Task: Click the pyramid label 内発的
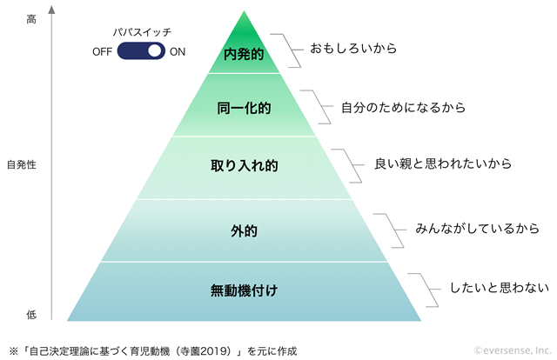tap(244, 54)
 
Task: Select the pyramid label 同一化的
tap(244, 108)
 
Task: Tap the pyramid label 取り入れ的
tap(244, 165)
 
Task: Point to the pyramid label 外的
tap(244, 231)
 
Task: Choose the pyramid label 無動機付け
tap(244, 290)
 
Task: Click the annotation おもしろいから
tap(353, 49)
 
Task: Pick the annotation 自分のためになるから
tap(404, 107)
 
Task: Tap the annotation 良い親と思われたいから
tap(443, 163)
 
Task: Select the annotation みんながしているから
tap(478, 229)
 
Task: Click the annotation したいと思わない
tap(500, 288)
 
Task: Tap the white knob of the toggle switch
tap(155, 50)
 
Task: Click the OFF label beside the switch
tap(103, 52)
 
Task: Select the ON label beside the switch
tap(178, 52)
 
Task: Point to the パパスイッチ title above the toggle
tap(142, 32)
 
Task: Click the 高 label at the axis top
tap(31, 19)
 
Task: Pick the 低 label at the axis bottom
tap(31, 315)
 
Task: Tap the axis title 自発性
tap(22, 164)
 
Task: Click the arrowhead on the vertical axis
tap(52, 10)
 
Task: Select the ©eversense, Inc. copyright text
tap(513, 350)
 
